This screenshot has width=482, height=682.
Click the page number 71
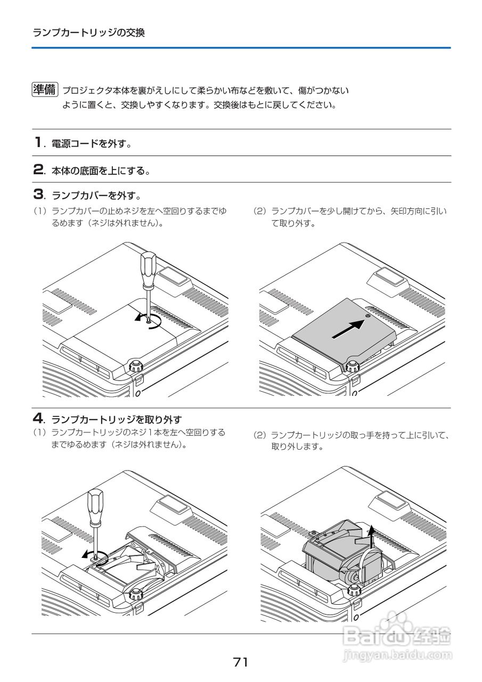click(x=241, y=662)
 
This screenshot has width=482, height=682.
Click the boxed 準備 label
click(x=44, y=90)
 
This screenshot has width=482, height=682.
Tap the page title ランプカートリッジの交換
click(x=88, y=33)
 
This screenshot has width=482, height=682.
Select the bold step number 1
click(x=38, y=143)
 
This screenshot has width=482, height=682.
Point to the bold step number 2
click(x=38, y=170)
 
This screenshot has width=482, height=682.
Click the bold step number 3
click(x=38, y=192)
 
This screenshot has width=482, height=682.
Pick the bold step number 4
click(x=38, y=418)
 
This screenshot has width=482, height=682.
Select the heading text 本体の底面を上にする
click(x=100, y=171)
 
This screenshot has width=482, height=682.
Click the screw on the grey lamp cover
click(x=369, y=316)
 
